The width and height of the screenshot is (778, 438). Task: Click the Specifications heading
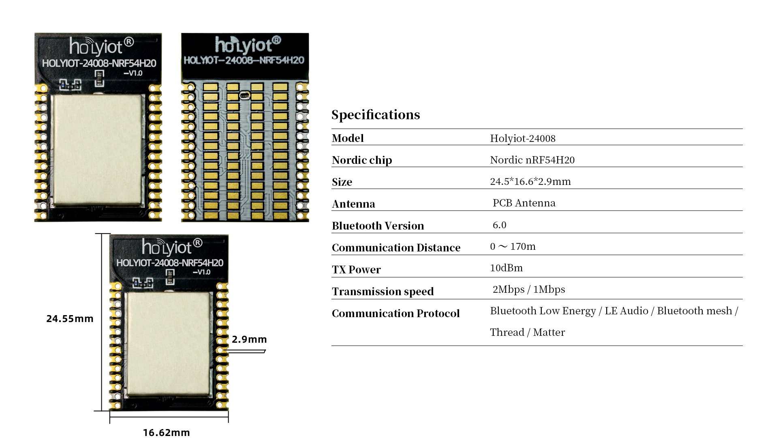pyautogui.click(x=376, y=115)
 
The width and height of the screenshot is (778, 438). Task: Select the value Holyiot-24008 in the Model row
pyautogui.click(x=523, y=138)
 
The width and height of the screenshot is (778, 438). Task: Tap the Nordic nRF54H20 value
pyautogui.click(x=532, y=160)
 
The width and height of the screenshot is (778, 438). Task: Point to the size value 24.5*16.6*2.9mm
pyautogui.click(x=530, y=181)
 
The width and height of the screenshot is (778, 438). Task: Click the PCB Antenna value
pyautogui.click(x=524, y=203)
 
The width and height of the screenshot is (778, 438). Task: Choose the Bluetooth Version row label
pyautogui.click(x=378, y=225)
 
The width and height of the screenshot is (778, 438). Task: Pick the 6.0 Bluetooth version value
pyautogui.click(x=499, y=225)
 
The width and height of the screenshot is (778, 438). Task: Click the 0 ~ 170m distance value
pyautogui.click(x=513, y=246)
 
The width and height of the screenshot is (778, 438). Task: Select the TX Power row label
pyautogui.click(x=356, y=269)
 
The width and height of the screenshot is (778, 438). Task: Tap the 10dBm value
pyautogui.click(x=506, y=268)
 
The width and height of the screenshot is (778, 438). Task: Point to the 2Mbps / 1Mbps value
pyautogui.click(x=529, y=289)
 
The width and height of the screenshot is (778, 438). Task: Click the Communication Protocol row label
pyautogui.click(x=395, y=313)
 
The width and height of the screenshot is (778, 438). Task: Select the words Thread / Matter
pyautogui.click(x=527, y=332)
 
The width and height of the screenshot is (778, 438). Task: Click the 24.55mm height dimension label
pyautogui.click(x=70, y=319)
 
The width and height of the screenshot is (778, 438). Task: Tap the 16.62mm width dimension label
pyautogui.click(x=166, y=432)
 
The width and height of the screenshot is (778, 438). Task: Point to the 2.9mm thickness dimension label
pyautogui.click(x=249, y=339)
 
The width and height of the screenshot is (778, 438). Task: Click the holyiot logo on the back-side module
pyautogui.click(x=248, y=45)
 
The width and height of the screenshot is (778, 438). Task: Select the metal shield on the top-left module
pyautogui.click(x=98, y=150)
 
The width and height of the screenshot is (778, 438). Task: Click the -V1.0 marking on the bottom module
pyautogui.click(x=201, y=272)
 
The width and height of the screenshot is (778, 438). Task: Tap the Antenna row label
pyautogui.click(x=353, y=204)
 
